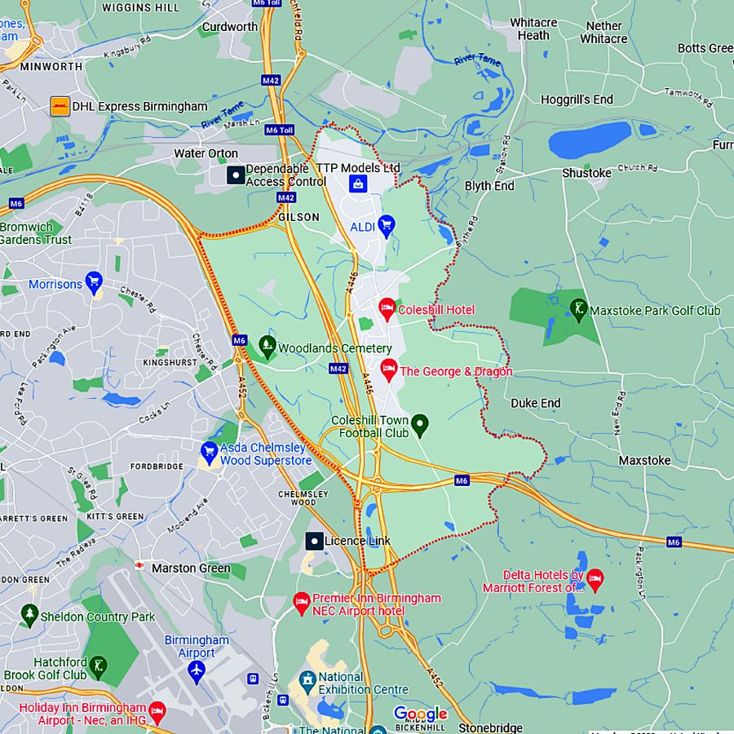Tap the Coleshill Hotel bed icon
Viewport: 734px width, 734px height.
click(x=387, y=308)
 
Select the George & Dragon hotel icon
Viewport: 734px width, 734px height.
click(x=389, y=369)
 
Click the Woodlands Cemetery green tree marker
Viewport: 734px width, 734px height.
click(x=267, y=347)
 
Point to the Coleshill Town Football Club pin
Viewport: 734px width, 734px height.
click(x=419, y=424)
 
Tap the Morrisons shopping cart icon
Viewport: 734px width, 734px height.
click(x=94, y=283)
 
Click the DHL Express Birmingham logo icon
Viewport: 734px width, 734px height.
click(x=60, y=106)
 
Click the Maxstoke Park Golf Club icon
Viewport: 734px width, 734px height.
click(x=578, y=309)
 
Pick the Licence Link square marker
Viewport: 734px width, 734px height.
click(x=314, y=541)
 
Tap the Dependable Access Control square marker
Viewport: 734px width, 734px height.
click(x=235, y=175)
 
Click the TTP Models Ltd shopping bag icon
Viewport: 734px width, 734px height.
click(x=357, y=184)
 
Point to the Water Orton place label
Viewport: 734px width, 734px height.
click(x=206, y=153)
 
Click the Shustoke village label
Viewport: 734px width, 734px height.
click(x=586, y=173)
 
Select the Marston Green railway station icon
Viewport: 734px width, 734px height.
click(x=139, y=565)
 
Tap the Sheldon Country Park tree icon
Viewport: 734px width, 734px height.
click(x=30, y=615)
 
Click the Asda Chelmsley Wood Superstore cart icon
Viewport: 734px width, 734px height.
click(x=210, y=451)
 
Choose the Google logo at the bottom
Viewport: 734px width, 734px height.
click(x=420, y=714)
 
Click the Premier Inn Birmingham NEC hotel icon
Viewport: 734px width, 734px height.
click(x=301, y=603)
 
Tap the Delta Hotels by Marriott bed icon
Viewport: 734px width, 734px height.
click(x=595, y=580)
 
